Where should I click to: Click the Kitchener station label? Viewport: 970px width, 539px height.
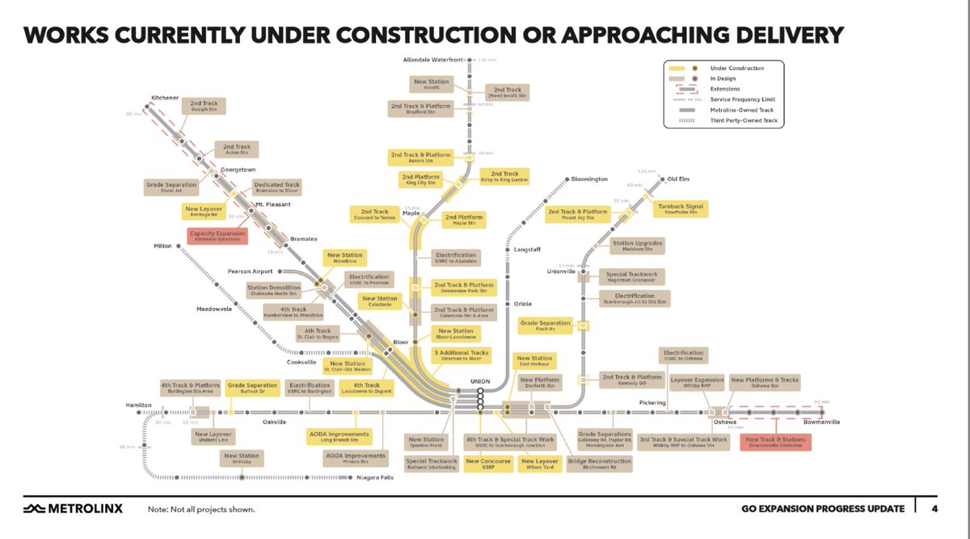[x=165, y=98]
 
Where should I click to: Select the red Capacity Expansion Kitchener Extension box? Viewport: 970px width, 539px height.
[x=216, y=236]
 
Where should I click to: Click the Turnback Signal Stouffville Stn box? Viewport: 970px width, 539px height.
[x=681, y=209]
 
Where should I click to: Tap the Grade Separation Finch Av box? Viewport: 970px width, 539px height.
[x=546, y=326]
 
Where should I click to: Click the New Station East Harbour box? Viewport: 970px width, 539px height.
[x=534, y=360]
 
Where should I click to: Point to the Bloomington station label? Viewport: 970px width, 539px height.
[x=589, y=179]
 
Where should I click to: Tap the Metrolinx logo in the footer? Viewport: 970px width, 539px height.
[x=70, y=508]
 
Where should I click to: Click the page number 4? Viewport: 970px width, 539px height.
[x=934, y=508]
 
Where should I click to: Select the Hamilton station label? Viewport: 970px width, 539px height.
[x=139, y=403]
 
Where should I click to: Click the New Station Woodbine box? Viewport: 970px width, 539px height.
[x=345, y=258]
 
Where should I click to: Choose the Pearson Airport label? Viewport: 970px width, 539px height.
[x=250, y=272]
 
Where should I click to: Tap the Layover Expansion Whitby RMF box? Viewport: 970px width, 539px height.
[x=698, y=382]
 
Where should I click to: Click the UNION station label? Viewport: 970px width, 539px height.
[x=480, y=381]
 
